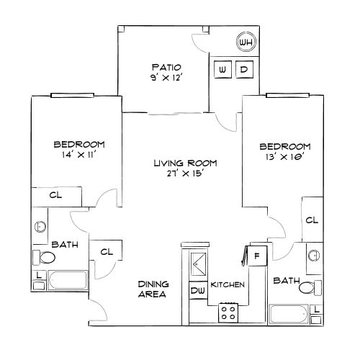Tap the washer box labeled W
[x=222, y=69]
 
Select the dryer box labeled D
[x=244, y=69]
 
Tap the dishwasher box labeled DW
[x=197, y=291]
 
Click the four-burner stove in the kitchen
[x=230, y=312]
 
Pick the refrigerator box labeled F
[x=258, y=256]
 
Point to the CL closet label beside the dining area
[x=107, y=252]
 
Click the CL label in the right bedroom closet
[x=312, y=220]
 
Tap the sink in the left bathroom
[x=40, y=228]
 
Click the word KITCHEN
[x=228, y=285]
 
